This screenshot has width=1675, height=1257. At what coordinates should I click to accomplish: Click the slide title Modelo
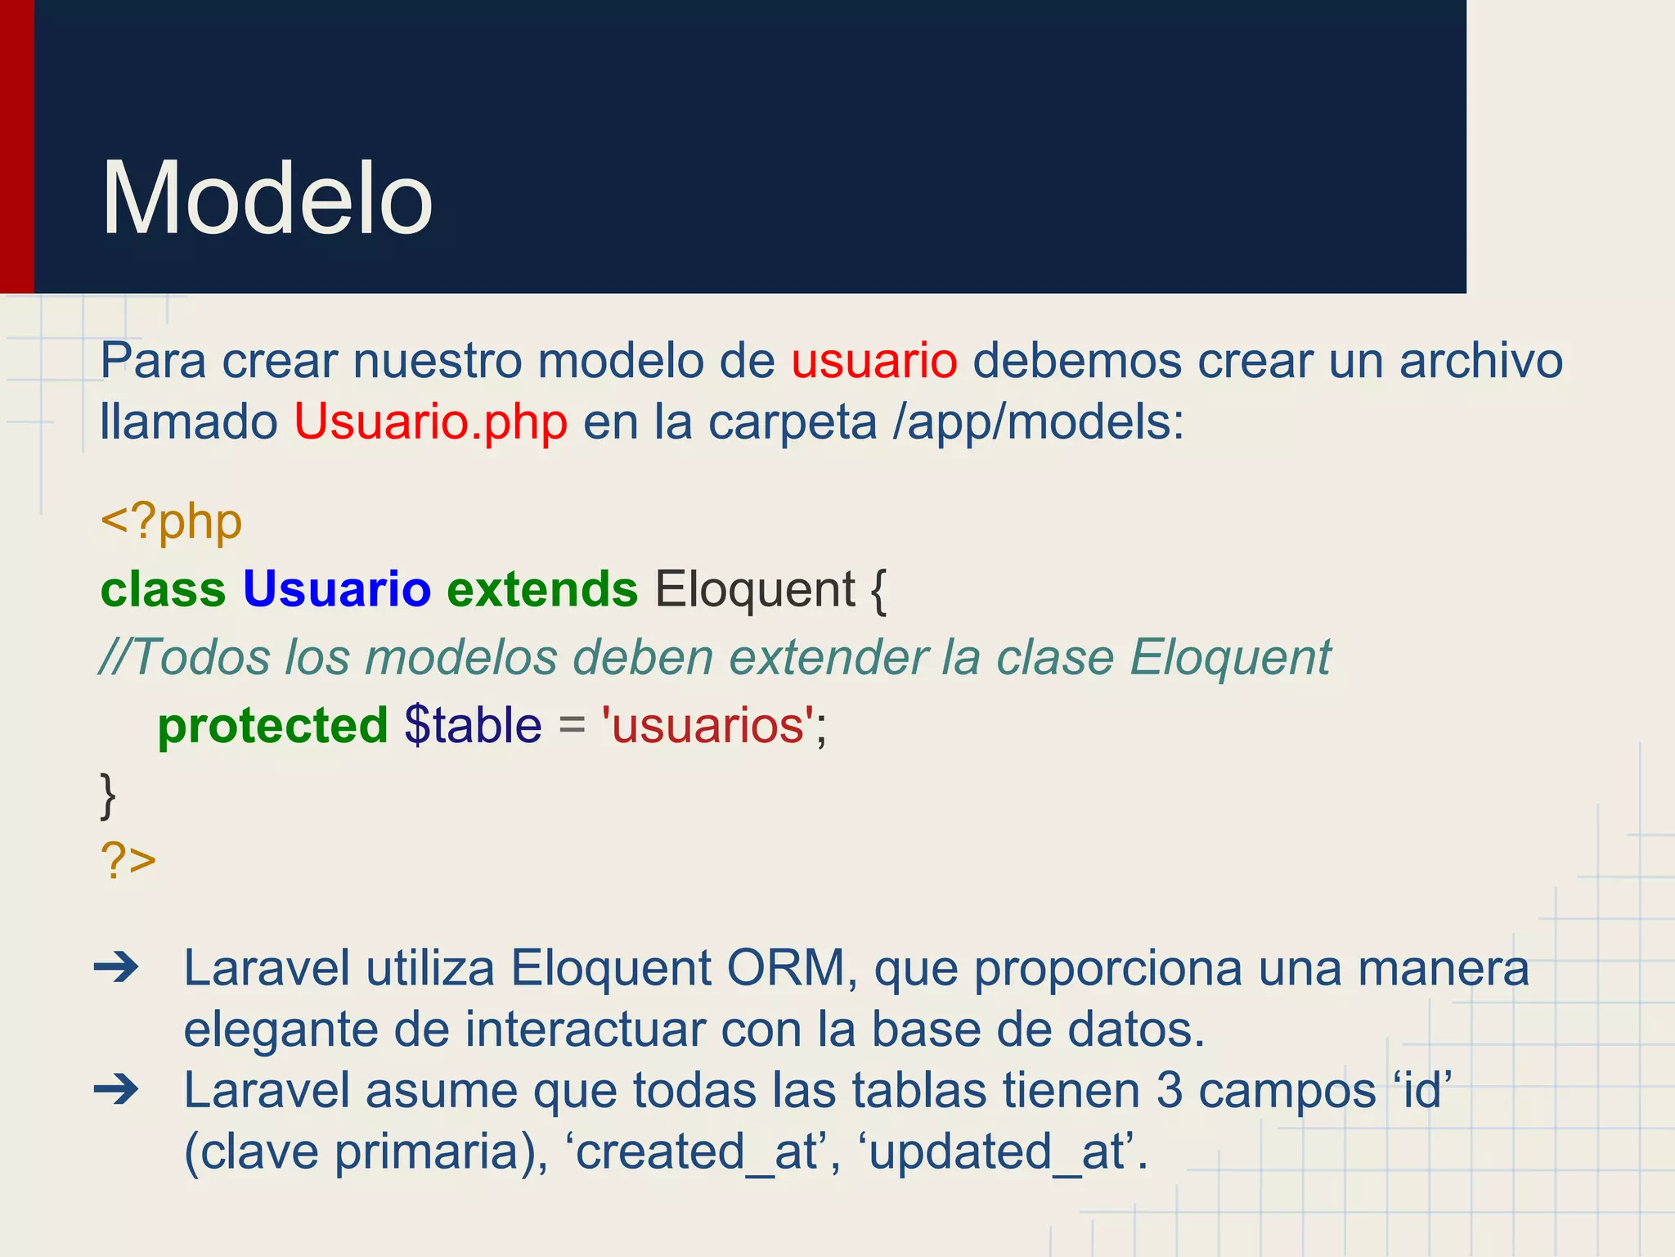tap(267, 199)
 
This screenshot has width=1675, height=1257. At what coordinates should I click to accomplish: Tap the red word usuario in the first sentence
tap(873, 360)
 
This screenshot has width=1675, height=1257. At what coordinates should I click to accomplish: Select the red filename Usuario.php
tap(430, 422)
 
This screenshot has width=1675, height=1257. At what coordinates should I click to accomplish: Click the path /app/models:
tap(1038, 422)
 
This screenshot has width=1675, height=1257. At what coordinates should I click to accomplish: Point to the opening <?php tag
tap(171, 522)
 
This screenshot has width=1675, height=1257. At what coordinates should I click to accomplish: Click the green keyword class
tap(163, 589)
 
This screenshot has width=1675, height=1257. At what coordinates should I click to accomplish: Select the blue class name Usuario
tap(336, 589)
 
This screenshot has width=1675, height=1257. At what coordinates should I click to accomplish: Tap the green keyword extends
tap(541, 589)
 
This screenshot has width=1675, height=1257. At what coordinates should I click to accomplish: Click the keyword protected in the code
tap(272, 725)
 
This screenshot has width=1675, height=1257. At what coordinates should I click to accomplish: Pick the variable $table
tap(473, 725)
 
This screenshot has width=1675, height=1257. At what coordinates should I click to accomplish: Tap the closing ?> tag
tap(128, 861)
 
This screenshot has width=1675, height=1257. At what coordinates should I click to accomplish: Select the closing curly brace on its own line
tap(108, 795)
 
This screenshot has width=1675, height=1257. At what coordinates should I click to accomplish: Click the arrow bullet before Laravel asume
tap(117, 1090)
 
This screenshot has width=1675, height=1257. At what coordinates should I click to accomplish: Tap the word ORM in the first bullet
tap(785, 969)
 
